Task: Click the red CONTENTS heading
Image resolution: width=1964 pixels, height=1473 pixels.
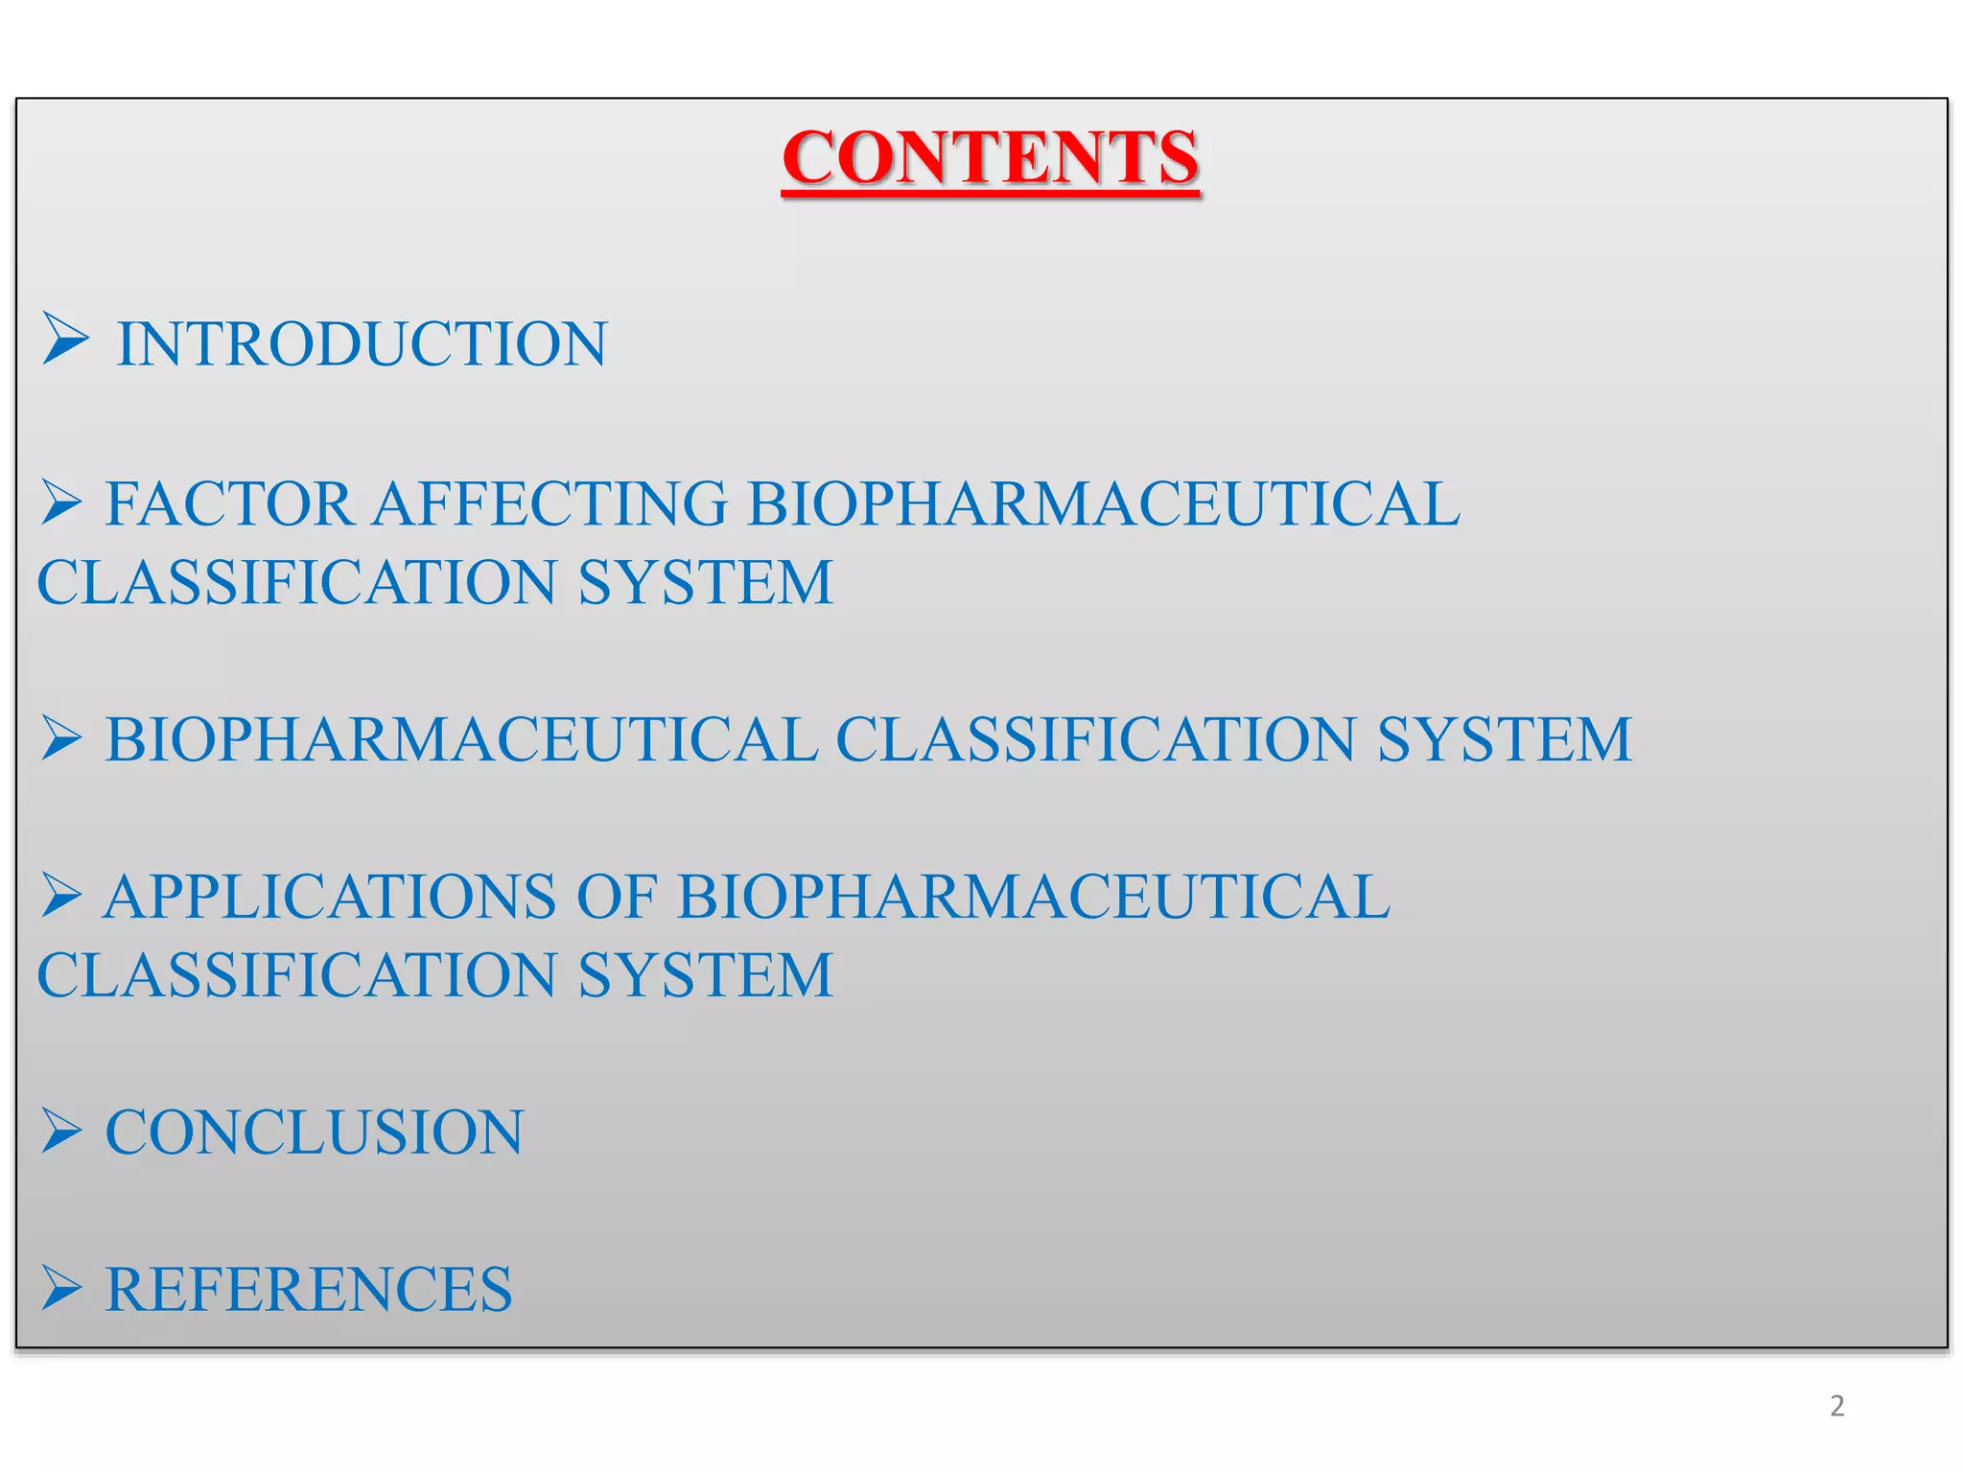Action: pos(990,158)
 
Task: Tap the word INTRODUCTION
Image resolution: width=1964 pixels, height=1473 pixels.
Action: pos(362,343)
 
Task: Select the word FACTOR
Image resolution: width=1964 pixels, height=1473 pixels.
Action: pos(228,503)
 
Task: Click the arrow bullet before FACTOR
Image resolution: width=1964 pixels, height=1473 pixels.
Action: pos(61,503)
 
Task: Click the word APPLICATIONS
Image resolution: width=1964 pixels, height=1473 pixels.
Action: pos(330,897)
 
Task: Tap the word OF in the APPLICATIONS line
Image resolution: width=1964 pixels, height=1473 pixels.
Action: pos(616,897)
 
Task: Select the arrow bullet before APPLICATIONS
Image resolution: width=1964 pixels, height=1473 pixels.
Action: pos(61,895)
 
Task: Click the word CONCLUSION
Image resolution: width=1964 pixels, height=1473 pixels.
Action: pos(315,1132)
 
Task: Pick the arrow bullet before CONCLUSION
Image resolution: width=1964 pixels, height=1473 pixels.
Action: pos(61,1130)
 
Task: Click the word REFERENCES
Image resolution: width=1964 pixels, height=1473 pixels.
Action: pos(309,1289)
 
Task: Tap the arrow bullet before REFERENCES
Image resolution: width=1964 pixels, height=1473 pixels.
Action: pos(61,1287)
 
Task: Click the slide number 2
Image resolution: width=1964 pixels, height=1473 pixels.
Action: pos(1836,1406)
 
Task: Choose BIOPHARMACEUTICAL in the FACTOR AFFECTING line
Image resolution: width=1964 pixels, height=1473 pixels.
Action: pos(1103,503)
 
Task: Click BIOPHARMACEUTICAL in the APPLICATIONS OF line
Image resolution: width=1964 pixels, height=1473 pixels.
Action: pos(1033,897)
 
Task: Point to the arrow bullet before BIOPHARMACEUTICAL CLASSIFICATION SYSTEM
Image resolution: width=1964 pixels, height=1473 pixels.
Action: pos(61,738)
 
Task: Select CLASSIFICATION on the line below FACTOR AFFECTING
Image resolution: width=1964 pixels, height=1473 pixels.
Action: pos(296,582)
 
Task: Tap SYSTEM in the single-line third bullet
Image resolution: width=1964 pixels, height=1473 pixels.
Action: pos(1504,739)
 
